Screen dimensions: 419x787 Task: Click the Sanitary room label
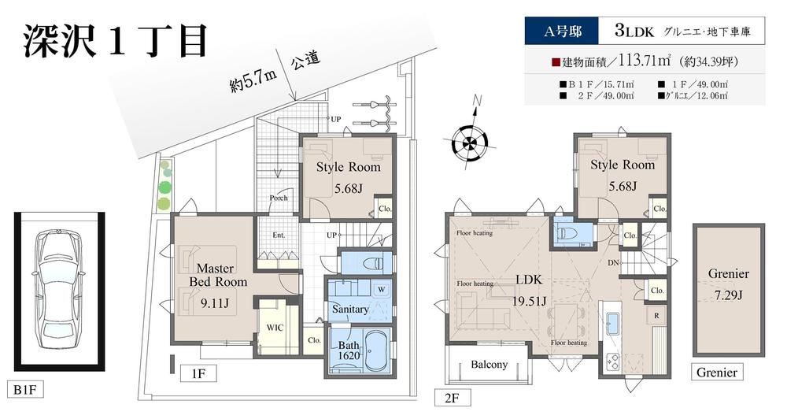click(x=349, y=310)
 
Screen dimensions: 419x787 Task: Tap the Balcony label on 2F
click(x=489, y=365)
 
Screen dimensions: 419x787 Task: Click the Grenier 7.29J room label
click(x=728, y=283)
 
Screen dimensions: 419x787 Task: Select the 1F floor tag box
click(x=197, y=373)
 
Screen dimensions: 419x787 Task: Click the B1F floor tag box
click(x=25, y=390)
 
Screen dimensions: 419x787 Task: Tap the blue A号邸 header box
click(x=561, y=32)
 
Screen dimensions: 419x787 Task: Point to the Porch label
click(x=278, y=198)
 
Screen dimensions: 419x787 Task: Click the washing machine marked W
click(x=381, y=290)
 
